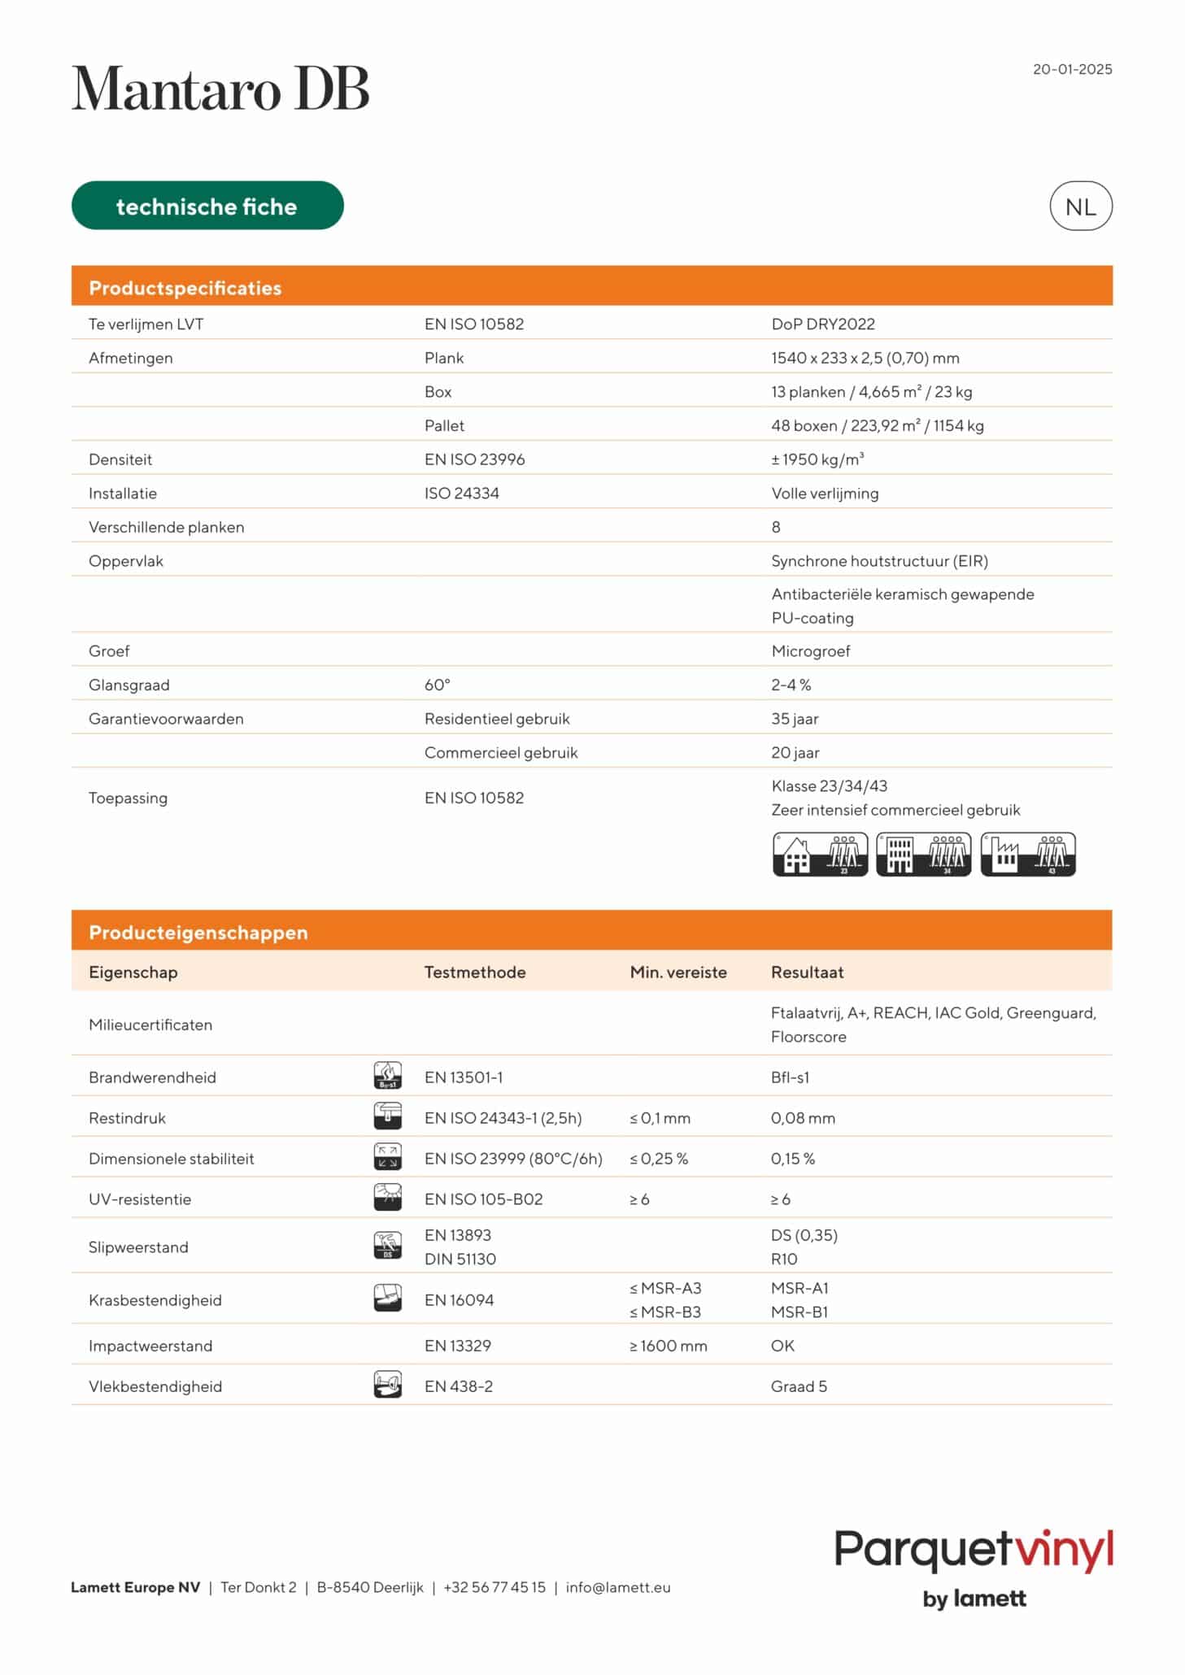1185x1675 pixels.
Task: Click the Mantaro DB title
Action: coord(220,89)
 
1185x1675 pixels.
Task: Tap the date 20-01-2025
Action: coord(1072,69)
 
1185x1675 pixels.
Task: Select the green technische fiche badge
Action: coord(207,206)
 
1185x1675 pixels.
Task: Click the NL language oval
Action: coord(1080,207)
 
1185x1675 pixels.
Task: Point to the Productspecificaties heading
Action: coord(185,288)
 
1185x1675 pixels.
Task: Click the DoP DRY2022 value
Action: coord(822,324)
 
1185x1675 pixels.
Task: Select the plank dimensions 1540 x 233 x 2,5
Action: coord(865,358)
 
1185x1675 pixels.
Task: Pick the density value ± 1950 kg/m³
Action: coord(817,459)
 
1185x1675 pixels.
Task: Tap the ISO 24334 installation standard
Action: coord(461,494)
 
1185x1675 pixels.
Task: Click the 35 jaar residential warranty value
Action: coord(795,719)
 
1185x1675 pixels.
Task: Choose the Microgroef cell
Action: coord(810,651)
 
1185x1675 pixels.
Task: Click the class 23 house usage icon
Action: coord(820,855)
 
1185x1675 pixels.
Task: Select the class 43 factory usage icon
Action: coord(1028,855)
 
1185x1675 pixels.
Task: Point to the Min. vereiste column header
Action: coord(677,972)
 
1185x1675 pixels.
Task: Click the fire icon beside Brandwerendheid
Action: coord(387,1076)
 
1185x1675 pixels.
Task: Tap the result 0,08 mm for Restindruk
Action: coord(803,1118)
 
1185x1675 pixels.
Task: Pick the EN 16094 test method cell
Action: coord(459,1300)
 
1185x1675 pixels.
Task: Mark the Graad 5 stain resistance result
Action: coord(799,1386)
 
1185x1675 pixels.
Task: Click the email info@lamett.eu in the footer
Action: coord(618,1587)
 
